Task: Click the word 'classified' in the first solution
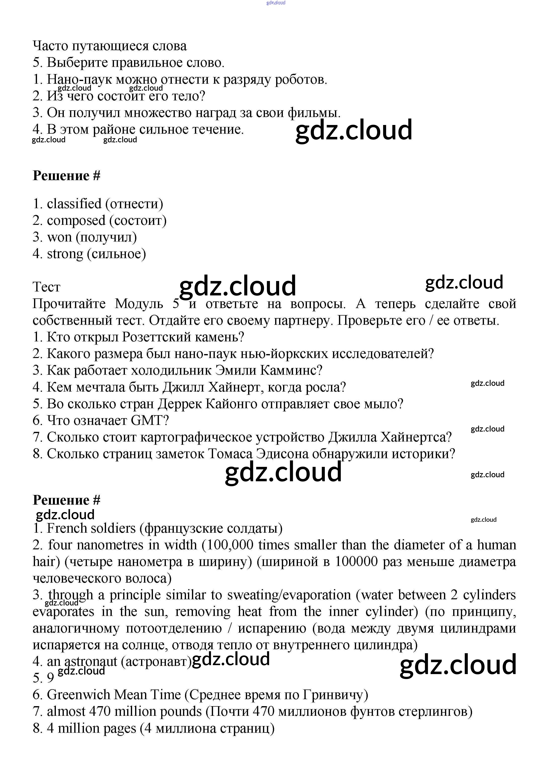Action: click(x=74, y=204)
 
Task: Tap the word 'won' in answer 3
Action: click(x=60, y=237)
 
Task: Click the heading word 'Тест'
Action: click(x=46, y=287)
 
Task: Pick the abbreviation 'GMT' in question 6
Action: click(x=149, y=421)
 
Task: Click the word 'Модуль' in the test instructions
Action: click(x=139, y=304)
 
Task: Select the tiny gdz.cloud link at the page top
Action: click(x=276, y=3)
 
